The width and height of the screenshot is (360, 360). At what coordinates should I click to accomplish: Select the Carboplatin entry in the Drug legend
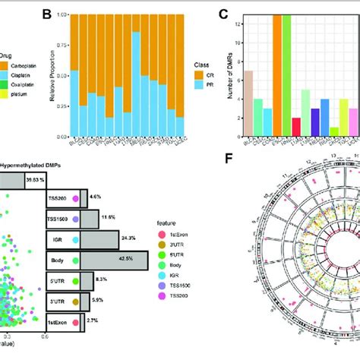[x=21, y=66]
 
